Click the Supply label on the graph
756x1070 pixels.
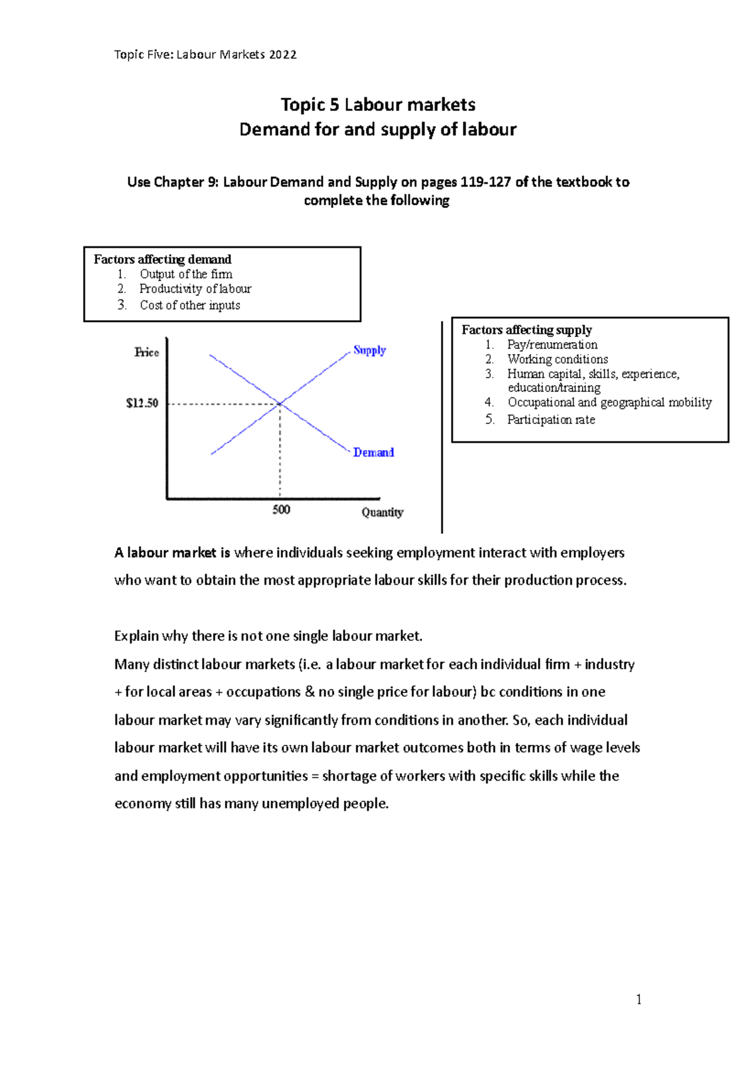pyautogui.click(x=369, y=350)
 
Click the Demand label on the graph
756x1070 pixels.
pyautogui.click(x=373, y=452)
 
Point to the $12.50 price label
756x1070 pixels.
pyautogui.click(x=142, y=403)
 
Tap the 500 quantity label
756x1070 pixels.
pyautogui.click(x=281, y=510)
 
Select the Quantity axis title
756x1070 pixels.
pyautogui.click(x=382, y=512)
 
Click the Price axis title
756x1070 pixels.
pyautogui.click(x=146, y=352)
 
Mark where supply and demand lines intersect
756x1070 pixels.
pyautogui.click(x=280, y=403)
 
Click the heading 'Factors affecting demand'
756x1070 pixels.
pyautogui.click(x=163, y=259)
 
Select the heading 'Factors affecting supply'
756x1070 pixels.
pyautogui.click(x=527, y=330)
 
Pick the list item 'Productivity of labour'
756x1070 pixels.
pyautogui.click(x=195, y=289)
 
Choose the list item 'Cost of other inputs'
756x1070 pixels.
pyautogui.click(x=190, y=305)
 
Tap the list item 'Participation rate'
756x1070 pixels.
pyautogui.click(x=551, y=420)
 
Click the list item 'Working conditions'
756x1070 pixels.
pyautogui.click(x=558, y=359)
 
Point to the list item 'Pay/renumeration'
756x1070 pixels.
pyautogui.click(x=552, y=345)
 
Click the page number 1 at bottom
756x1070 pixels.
pyautogui.click(x=639, y=999)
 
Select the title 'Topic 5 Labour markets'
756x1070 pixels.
pyautogui.click(x=378, y=105)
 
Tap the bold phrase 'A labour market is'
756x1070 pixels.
pyautogui.click(x=172, y=553)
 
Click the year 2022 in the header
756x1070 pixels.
pyautogui.click(x=282, y=55)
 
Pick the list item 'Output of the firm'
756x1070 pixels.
pyautogui.click(x=186, y=274)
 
